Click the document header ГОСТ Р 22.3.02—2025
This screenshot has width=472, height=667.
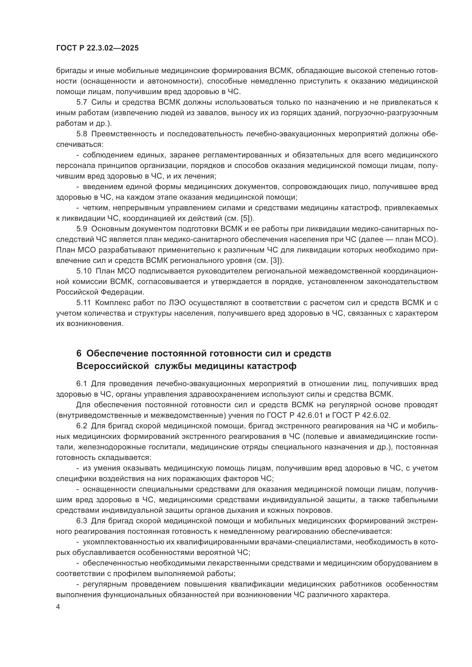pyautogui.click(x=97, y=48)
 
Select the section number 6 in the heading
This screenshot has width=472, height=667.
pyautogui.click(x=79, y=354)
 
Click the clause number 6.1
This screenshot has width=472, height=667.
pyautogui.click(x=82, y=384)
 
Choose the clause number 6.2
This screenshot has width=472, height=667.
pyautogui.click(x=82, y=426)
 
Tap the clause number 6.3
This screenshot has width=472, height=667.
pyautogui.click(x=82, y=521)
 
